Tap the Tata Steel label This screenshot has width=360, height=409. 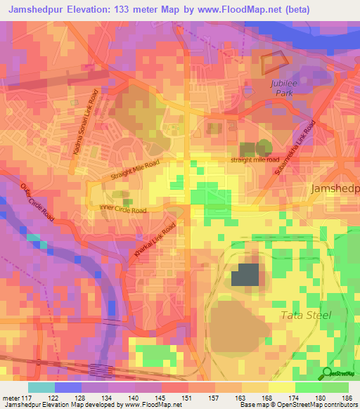[x=305, y=315]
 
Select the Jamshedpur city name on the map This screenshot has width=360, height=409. [x=335, y=189]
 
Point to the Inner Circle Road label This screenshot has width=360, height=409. [x=122, y=209]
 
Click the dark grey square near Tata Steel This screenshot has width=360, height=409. [x=245, y=275]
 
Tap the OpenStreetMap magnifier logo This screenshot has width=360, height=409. [x=327, y=372]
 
